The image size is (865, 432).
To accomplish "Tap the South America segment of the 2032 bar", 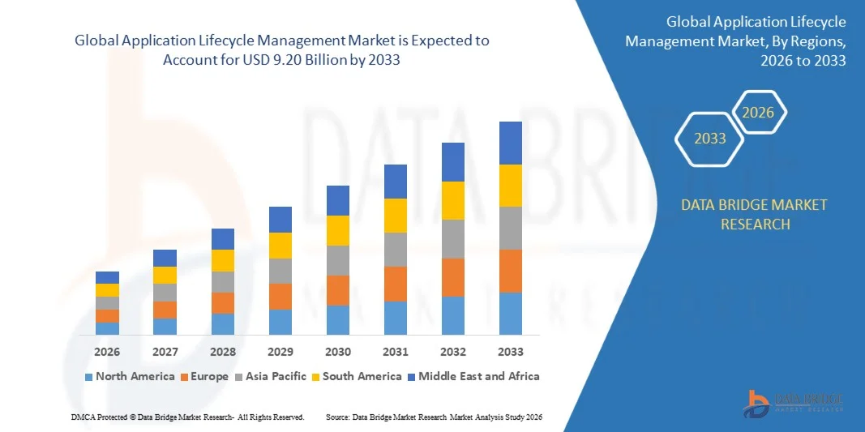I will pyautogui.click(x=452, y=200).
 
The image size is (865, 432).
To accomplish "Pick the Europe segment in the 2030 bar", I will pyautogui.click(x=337, y=290).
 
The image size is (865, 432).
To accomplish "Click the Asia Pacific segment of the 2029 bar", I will pyautogui.click(x=280, y=271).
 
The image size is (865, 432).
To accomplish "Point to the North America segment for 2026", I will pyautogui.click(x=107, y=328).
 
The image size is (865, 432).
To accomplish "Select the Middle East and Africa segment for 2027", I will pyautogui.click(x=165, y=258).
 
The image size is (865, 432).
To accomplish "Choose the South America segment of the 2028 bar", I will pyautogui.click(x=222, y=260).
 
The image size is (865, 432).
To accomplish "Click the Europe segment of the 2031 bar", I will pyautogui.click(x=395, y=284).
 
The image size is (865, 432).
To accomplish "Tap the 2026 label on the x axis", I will pyautogui.click(x=107, y=352).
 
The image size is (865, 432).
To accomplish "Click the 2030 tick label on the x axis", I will pyautogui.click(x=337, y=352).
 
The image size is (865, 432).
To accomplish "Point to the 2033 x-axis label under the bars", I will pyautogui.click(x=511, y=352).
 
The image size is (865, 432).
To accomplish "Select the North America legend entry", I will pyautogui.click(x=129, y=376).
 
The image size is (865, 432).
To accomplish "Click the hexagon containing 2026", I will pyautogui.click(x=759, y=113).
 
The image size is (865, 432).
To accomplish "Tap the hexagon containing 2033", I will pyautogui.click(x=710, y=139).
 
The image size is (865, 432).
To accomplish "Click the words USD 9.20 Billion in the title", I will pyautogui.click(x=293, y=61).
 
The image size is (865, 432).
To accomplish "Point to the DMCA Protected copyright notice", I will pyautogui.click(x=186, y=417).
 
